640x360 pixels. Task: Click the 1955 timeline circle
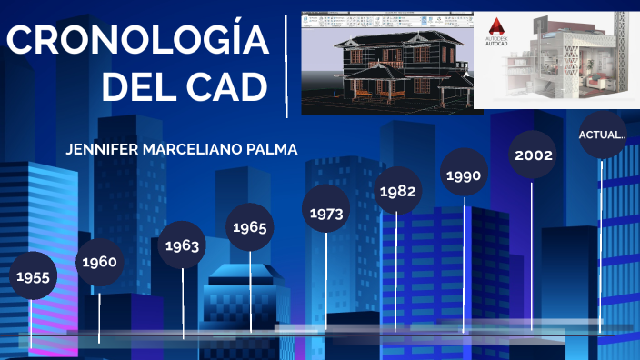coord(33,276)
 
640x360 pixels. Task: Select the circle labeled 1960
coord(99,263)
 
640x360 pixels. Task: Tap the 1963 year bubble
coord(182,245)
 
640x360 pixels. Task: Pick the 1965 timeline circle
coord(249,227)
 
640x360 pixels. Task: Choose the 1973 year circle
coord(325,213)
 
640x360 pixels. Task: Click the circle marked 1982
coord(397,191)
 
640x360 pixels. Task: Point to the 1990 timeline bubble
coord(463,175)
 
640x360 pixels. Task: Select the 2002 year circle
coord(533,155)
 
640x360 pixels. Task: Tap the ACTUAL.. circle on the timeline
coord(602,135)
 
